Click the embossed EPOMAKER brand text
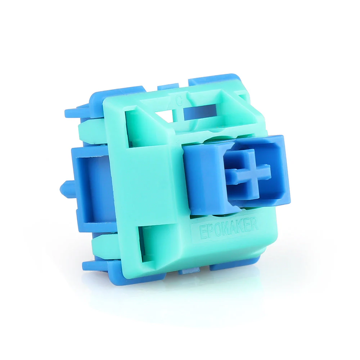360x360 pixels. [225, 227]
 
